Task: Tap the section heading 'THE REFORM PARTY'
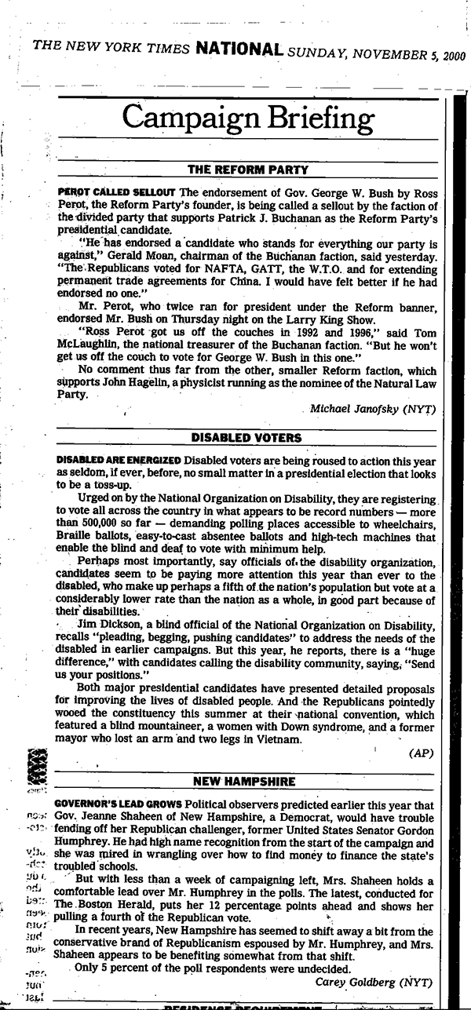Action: (x=246, y=169)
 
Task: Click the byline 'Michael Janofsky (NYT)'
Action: (x=372, y=410)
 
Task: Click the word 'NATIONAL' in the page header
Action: (x=239, y=49)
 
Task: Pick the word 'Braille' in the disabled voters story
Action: (x=75, y=537)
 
